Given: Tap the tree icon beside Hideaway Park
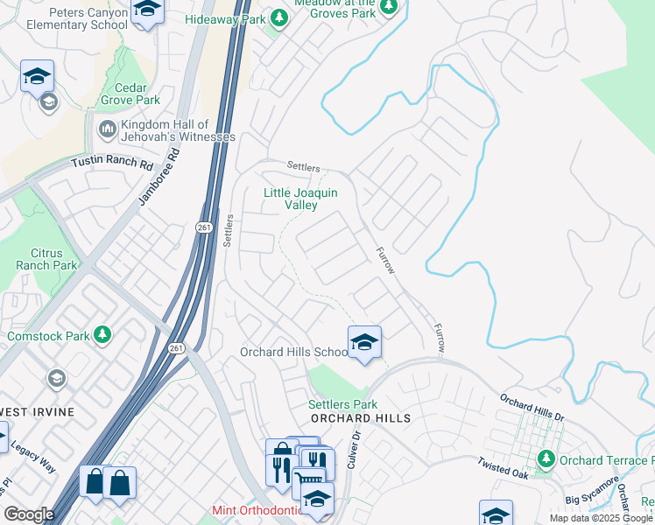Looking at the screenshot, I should [278, 17].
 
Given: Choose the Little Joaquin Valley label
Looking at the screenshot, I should [301, 198].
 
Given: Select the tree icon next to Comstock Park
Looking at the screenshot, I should [102, 335].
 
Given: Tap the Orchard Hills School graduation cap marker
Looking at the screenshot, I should [364, 342].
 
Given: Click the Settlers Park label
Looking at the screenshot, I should [342, 404].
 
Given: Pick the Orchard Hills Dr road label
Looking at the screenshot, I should [532, 410].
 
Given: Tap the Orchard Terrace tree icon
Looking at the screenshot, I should [546, 459].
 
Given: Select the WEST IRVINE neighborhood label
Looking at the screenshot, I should [37, 411].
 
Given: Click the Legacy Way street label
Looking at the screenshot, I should [33, 456].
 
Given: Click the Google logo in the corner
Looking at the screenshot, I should [29, 514].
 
